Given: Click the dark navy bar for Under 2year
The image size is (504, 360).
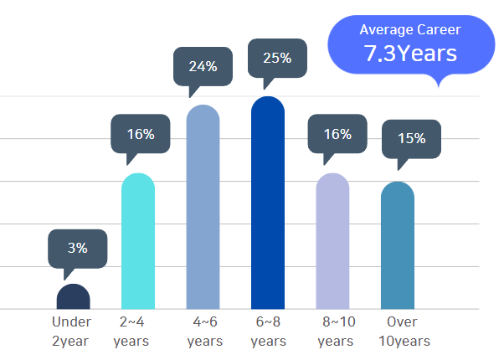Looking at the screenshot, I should tap(73, 297).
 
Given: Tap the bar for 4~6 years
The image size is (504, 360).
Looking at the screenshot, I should tap(203, 207).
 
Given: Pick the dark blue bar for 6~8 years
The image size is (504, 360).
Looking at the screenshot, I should tap(268, 203).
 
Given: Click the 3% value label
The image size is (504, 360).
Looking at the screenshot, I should tap(78, 248).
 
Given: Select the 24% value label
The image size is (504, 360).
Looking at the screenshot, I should tap(203, 66).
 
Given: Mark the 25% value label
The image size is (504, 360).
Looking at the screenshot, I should tap(277, 58).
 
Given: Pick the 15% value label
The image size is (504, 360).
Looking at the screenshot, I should tap(411, 138).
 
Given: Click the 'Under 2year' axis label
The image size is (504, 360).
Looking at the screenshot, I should tap(72, 332).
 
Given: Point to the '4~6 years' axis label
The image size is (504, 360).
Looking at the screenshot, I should tap(204, 332).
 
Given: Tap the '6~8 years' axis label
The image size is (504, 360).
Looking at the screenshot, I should tap(268, 332).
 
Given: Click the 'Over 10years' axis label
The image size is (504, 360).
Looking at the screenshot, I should tap(403, 332).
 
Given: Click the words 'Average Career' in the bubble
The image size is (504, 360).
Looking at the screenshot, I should tap(410, 29).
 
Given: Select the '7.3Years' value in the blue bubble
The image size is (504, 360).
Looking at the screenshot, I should tap(410, 54).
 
